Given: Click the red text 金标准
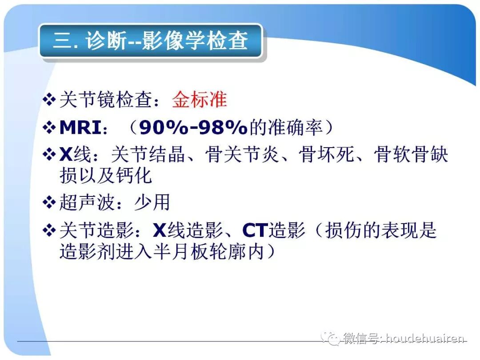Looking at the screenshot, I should pyautogui.click(x=200, y=100).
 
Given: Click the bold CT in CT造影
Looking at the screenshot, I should pyautogui.click(x=254, y=231).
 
